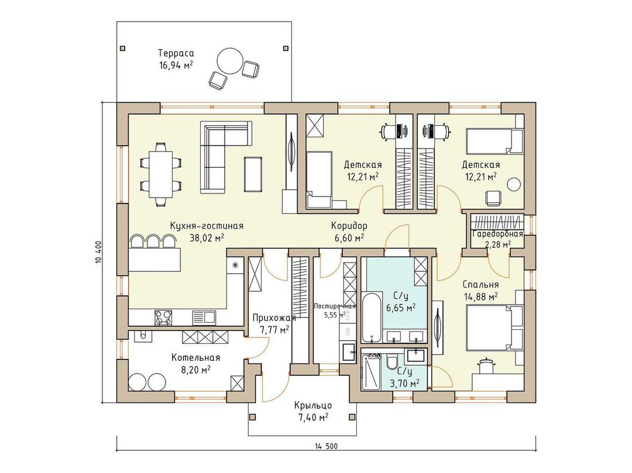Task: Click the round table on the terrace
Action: [230, 61]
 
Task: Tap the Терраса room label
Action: [176, 53]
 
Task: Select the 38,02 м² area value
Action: [207, 238]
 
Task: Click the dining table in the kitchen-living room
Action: [161, 174]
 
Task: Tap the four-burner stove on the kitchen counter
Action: [163, 317]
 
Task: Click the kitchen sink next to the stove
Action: [204, 317]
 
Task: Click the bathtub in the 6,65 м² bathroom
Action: [370, 318]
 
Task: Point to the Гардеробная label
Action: [497, 234]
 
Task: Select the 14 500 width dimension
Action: [327, 446]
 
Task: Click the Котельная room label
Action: [195, 357]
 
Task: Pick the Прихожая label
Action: [274, 318]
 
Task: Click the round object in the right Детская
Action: [514, 184]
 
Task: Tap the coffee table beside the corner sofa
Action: [253, 174]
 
